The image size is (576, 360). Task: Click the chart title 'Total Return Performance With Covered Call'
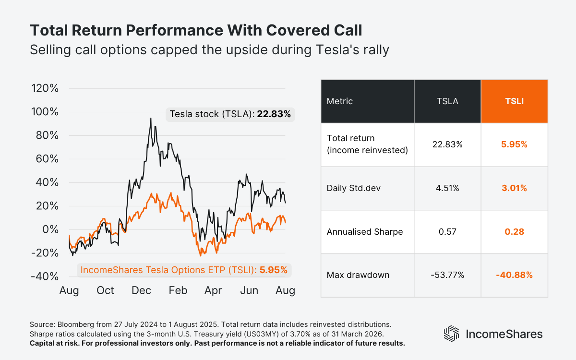tap(196, 30)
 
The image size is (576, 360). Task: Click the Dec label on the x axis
tap(142, 290)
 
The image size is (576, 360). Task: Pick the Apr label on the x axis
tap(213, 290)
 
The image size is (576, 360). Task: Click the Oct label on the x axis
tap(105, 290)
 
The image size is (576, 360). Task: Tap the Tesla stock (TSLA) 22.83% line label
tap(230, 114)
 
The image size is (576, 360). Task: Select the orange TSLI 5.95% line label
tap(184, 270)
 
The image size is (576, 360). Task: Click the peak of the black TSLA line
tap(151, 118)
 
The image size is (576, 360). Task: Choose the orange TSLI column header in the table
tap(514, 101)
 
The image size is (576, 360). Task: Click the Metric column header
tap(340, 101)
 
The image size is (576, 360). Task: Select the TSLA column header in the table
tap(447, 101)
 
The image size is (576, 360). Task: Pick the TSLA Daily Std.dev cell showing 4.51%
tap(447, 188)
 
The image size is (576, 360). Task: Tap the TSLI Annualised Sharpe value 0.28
tap(514, 232)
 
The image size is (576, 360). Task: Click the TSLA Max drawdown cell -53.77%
tap(447, 275)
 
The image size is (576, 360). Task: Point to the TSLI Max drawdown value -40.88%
tap(514, 275)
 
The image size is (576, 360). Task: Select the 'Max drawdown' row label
tap(358, 275)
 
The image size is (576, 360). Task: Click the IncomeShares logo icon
tap(451, 334)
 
